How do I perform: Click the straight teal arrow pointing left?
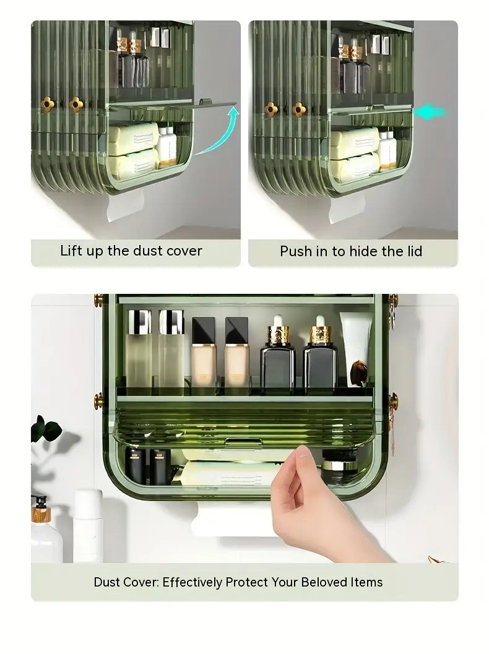[x=430, y=113]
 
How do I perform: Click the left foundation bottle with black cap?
[x=204, y=353]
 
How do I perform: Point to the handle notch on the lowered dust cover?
[x=243, y=442]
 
